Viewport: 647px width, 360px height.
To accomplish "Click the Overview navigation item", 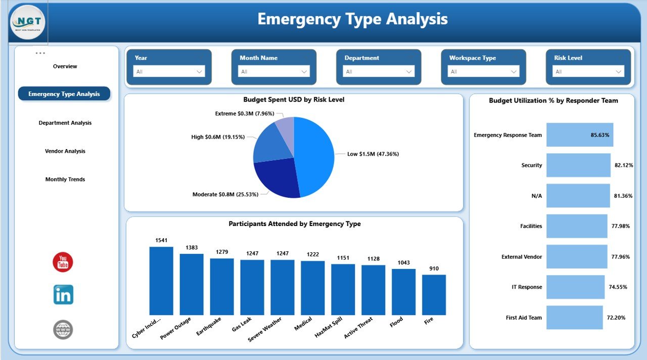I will point(65,66).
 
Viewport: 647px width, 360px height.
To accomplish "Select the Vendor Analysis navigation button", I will point(65,151).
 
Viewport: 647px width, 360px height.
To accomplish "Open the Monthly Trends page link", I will point(65,179).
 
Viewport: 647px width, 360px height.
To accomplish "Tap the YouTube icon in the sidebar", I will point(63,262).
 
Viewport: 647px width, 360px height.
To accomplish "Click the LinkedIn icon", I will point(63,294).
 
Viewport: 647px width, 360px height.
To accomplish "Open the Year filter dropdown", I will point(169,72).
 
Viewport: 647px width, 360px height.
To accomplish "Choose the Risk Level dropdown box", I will point(588,72).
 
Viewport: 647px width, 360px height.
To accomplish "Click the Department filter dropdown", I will point(379,72).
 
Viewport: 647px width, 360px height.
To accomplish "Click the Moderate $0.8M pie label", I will point(225,194).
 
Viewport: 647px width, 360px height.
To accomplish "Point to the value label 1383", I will point(192,247).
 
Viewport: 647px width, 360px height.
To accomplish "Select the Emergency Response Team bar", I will point(579,135).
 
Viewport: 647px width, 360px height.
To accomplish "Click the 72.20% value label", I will point(616,318).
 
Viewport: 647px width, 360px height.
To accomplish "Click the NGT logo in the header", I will point(27,22).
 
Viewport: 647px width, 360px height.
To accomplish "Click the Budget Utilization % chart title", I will point(553,101).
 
